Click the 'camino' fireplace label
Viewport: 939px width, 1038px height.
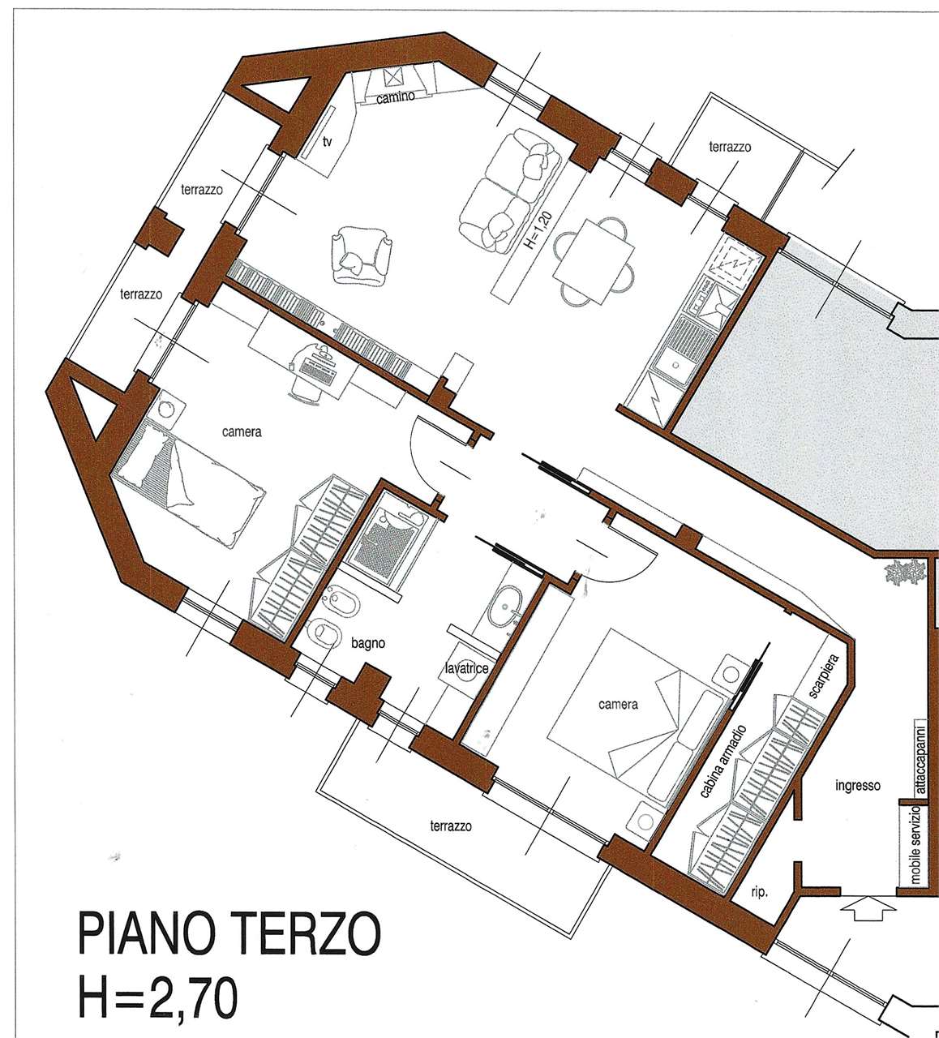396,97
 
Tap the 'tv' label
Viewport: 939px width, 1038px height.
327,141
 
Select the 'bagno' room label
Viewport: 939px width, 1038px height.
368,643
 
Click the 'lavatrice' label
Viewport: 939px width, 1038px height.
467,668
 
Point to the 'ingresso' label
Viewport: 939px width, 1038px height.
858,786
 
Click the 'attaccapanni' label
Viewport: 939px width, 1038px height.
920,756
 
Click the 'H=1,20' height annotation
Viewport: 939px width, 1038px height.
534,230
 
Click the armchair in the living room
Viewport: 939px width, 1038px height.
360,256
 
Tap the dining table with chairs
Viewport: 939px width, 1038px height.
594,262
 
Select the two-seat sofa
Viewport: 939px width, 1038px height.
509,191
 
